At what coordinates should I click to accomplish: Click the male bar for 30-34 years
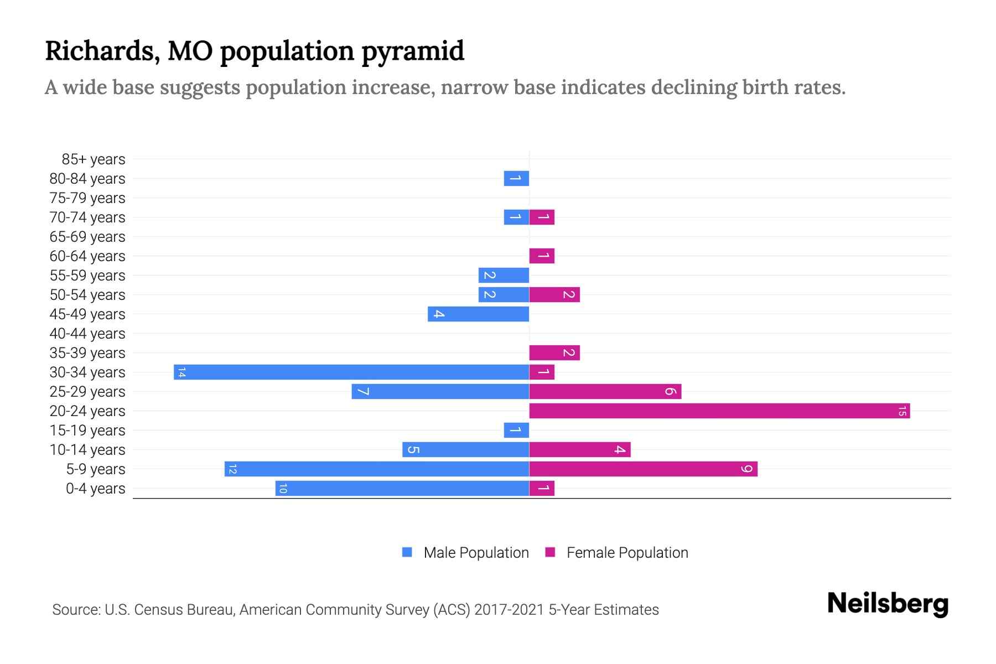[351, 372]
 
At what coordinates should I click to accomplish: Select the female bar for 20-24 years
[719, 411]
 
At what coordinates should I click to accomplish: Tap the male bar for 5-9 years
[377, 469]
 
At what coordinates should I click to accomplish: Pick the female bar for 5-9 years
[643, 469]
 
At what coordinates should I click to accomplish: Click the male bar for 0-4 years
[402, 488]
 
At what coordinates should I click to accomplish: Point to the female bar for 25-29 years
[605, 391]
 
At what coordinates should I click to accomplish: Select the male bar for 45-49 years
[478, 314]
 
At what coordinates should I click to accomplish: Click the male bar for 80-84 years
[516, 178]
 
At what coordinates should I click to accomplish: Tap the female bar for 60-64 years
[542, 256]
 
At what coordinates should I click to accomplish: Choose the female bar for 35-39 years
[554, 352]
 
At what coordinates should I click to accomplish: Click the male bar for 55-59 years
[504, 275]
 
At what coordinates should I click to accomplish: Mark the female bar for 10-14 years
[579, 449]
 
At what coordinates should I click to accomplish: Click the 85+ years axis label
[94, 159]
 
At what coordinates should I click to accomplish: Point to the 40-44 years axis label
[87, 334]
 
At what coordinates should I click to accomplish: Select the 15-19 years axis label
[87, 430]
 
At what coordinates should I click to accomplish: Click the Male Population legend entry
[466, 552]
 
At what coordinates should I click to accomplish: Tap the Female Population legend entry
[617, 552]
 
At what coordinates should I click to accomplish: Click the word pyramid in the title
[413, 51]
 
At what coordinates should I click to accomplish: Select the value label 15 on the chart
[902, 411]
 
